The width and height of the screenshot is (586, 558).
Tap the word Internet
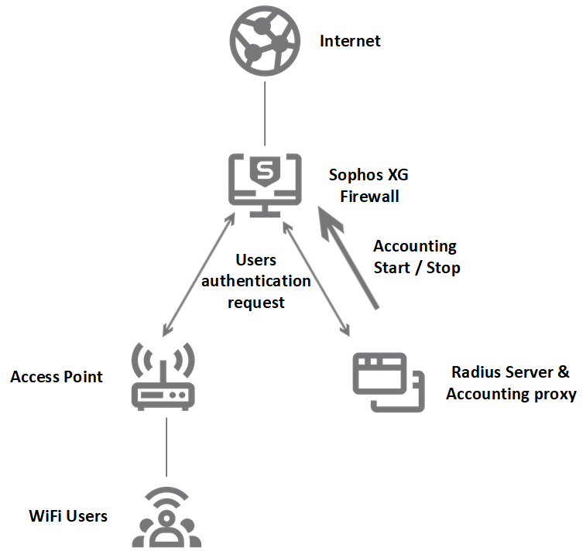point(350,41)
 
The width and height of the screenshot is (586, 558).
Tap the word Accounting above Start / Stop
point(415,246)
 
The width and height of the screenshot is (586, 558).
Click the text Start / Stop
point(416,268)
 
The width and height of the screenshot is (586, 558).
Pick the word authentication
point(256,281)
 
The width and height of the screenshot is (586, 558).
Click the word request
point(255,302)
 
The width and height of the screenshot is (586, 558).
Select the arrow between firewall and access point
point(198,276)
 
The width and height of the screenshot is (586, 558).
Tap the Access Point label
point(57,377)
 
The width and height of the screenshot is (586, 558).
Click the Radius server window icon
point(388,382)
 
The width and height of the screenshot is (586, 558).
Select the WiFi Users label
point(68,515)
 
